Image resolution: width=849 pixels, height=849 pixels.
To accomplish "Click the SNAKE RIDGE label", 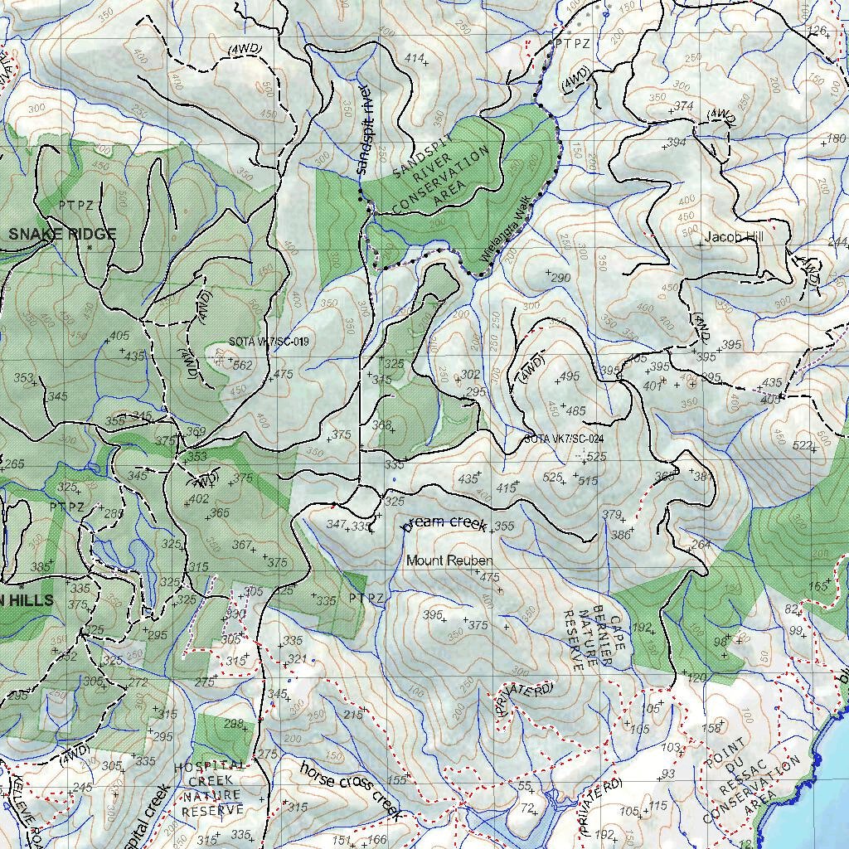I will pyautogui.click(x=62, y=234).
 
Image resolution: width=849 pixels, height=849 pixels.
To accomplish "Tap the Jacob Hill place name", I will pyautogui.click(x=733, y=237).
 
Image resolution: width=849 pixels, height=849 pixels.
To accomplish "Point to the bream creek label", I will pyautogui.click(x=444, y=522).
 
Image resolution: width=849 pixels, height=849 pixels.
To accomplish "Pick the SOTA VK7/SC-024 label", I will pyautogui.click(x=563, y=439).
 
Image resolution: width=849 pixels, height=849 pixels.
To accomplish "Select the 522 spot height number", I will pyautogui.click(x=803, y=446).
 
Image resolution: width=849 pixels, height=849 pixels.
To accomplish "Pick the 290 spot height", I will pyautogui.click(x=561, y=277).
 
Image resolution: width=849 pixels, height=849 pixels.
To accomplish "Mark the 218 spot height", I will pyautogui.click(x=353, y=715).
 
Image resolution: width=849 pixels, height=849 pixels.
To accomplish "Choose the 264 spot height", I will pyautogui.click(x=701, y=545).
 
